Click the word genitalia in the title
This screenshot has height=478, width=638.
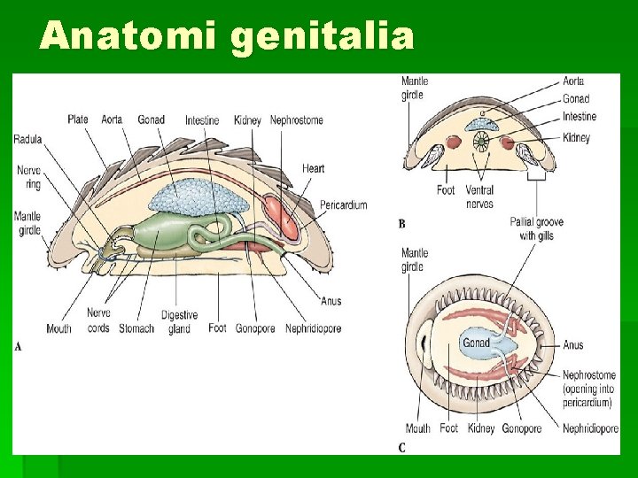coord(323,36)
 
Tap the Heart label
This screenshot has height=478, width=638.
coord(313,168)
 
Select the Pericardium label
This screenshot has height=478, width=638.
coord(343,205)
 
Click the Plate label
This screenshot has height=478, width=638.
coord(79,119)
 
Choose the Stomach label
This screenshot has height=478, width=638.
coord(136,328)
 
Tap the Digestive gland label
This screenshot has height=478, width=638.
coord(179,322)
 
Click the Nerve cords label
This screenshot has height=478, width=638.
coord(98,320)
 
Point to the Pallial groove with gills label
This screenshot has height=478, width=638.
coord(539,228)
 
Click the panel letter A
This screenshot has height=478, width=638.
coord(19,346)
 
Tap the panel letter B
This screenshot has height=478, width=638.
coord(401,224)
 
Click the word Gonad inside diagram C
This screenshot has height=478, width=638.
coord(476,343)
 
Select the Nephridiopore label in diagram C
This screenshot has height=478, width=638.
coord(590,429)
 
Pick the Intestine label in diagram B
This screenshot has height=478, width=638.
coord(579,117)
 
